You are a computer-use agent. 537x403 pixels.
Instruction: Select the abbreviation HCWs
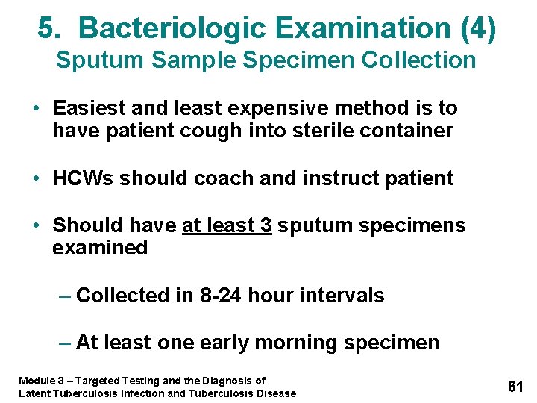83,178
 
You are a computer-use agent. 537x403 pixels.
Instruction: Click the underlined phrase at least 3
227,225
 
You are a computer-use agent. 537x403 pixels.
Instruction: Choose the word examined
100,248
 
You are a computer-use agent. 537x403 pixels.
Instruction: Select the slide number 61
515,386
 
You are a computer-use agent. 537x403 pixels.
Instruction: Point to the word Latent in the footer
35,393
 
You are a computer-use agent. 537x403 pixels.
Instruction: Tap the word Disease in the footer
276,393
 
